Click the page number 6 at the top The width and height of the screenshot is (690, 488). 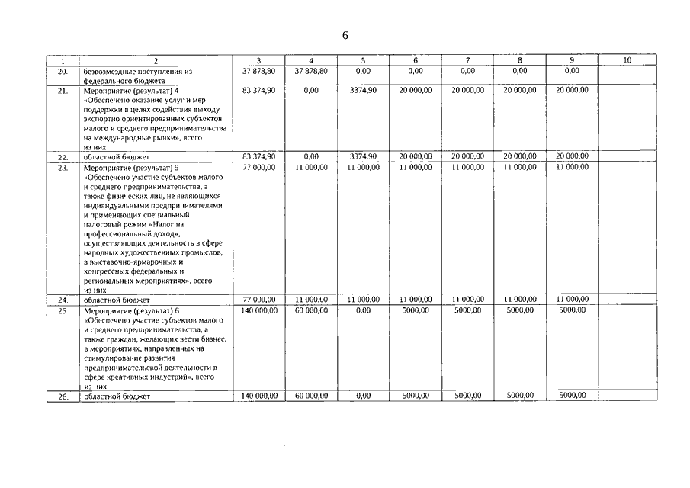[x=345, y=37]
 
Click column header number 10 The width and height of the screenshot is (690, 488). [x=627, y=60]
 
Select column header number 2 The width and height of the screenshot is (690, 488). [x=155, y=60]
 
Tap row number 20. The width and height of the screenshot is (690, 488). [x=63, y=71]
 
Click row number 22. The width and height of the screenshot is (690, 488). [x=63, y=156]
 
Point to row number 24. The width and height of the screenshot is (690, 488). [x=63, y=300]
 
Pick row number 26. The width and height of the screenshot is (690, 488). [x=63, y=396]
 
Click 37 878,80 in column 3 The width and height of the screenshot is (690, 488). [x=258, y=71]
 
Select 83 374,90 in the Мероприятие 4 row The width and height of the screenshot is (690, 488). [x=258, y=90]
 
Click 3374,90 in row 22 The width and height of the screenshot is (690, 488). [x=363, y=156]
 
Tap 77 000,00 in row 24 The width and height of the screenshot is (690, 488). [x=258, y=300]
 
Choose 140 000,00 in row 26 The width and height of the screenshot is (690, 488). [x=258, y=396]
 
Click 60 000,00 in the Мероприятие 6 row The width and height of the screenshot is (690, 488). [x=311, y=310]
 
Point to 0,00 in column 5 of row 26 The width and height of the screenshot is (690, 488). [x=363, y=396]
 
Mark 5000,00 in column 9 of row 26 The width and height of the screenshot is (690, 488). [x=572, y=396]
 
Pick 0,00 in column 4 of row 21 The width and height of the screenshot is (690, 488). [x=311, y=90]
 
